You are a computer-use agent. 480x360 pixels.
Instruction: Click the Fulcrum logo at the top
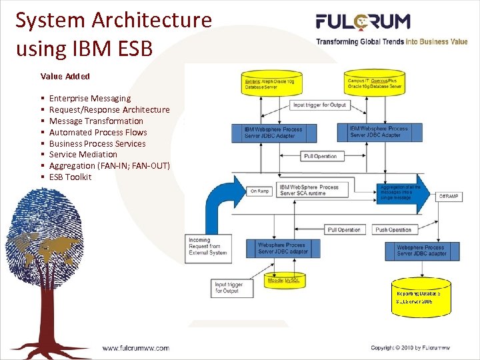click(363, 22)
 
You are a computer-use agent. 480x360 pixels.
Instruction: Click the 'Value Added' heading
click(65, 77)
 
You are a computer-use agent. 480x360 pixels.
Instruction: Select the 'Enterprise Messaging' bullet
click(89, 99)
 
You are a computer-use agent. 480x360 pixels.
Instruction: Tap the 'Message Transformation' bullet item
click(96, 121)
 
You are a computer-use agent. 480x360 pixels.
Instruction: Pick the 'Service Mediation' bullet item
click(83, 155)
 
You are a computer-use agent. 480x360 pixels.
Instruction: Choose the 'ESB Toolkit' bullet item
click(70, 177)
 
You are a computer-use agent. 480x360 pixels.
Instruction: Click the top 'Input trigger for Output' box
click(320, 105)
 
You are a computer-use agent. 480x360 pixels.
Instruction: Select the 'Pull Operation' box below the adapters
click(320, 156)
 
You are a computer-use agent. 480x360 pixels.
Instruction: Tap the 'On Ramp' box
click(259, 191)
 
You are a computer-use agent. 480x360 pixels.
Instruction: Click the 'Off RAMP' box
click(447, 196)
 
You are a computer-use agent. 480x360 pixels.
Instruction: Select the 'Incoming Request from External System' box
click(208, 246)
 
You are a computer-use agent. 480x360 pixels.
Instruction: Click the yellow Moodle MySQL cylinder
click(285, 281)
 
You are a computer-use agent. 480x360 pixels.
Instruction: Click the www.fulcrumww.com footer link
click(135, 347)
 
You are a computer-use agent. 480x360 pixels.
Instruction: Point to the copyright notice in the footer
click(410, 347)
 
